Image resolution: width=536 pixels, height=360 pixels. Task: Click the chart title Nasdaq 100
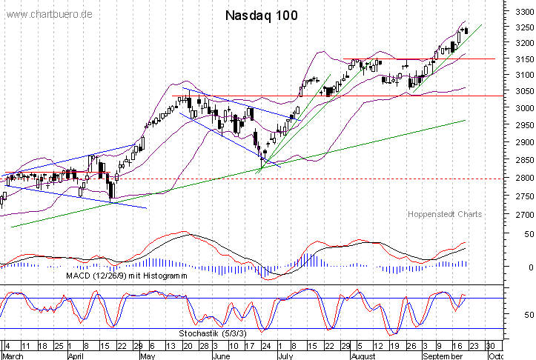coord(261,16)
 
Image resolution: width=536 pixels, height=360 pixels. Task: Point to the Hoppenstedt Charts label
coord(445,214)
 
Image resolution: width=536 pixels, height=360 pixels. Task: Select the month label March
coord(13,355)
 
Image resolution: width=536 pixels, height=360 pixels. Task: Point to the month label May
coord(148,355)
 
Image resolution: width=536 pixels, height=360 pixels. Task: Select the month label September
coord(443,355)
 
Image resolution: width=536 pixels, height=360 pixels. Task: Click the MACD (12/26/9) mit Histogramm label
coord(125,276)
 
